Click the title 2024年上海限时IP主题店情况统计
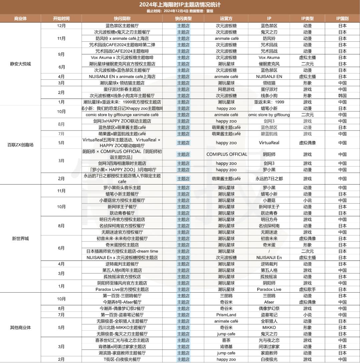(x=180, y=5)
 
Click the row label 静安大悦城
(x=20, y=64)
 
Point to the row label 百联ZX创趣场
(x=20, y=145)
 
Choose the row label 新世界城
(x=20, y=239)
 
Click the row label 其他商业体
(x=20, y=327)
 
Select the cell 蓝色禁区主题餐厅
(x=122, y=26)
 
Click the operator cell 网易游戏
(x=226, y=89)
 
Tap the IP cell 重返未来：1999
(x=269, y=102)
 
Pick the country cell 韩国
(x=342, y=96)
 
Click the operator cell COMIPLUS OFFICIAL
(x=227, y=154)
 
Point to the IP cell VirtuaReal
(x=269, y=143)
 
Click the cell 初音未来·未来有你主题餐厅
(x=122, y=239)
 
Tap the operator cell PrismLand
(x=226, y=315)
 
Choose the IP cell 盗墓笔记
(x=269, y=315)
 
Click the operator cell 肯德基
(x=226, y=347)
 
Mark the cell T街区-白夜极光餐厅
(x=122, y=359)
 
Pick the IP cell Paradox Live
(x=269, y=290)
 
